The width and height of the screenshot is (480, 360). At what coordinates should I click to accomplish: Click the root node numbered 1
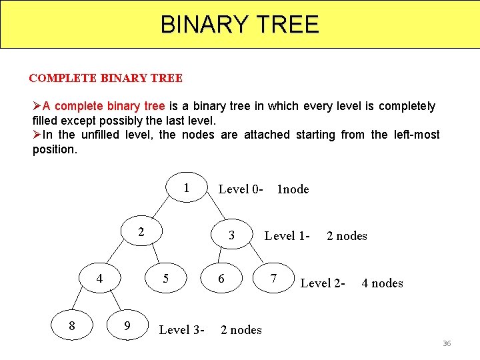[187, 189]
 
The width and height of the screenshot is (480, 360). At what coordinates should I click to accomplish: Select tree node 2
[141, 233]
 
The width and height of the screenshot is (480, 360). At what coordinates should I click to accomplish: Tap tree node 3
[231, 235]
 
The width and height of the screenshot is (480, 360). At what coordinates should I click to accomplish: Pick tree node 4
[99, 278]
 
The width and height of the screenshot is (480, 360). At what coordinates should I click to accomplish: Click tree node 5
[165, 278]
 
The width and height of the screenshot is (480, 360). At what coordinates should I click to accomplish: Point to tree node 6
[221, 278]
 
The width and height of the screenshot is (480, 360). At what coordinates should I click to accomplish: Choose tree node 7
[273, 278]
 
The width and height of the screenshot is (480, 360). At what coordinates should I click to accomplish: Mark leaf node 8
[71, 326]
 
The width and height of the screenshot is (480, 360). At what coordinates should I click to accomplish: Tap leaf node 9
[127, 326]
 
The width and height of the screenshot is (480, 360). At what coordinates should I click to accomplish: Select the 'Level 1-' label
[287, 236]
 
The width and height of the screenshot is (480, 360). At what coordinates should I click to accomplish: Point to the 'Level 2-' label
[323, 283]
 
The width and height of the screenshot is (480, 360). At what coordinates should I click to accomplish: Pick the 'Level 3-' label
[181, 330]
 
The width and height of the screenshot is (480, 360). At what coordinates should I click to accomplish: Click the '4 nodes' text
[382, 283]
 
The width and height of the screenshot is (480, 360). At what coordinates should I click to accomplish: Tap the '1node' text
[293, 189]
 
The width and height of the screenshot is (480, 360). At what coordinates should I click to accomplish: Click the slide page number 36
[447, 343]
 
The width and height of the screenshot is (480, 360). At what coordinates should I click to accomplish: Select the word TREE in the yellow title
[286, 25]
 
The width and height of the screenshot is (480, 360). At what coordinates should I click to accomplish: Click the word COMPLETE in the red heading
[63, 78]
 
